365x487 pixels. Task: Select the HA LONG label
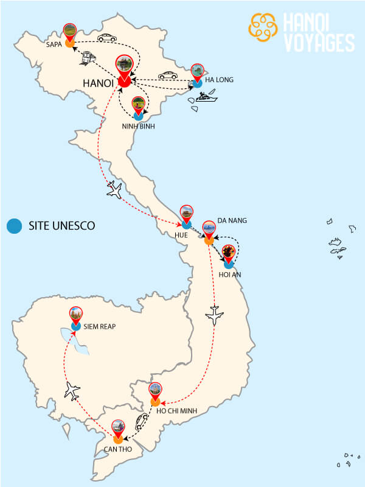point(219,80)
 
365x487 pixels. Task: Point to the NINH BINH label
point(139,127)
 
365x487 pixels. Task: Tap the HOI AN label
point(230,275)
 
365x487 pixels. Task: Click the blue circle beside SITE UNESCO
point(13,226)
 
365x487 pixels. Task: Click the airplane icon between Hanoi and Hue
point(114,190)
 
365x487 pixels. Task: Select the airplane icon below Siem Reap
point(72,390)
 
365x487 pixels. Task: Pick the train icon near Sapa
point(88,58)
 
